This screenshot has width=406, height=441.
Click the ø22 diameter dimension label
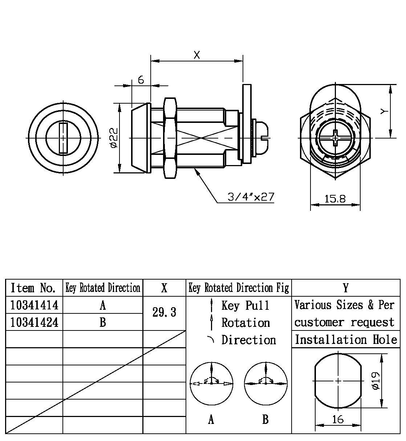(x=113, y=137)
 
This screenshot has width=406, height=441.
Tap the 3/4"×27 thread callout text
(x=251, y=197)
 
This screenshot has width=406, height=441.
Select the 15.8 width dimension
(x=335, y=199)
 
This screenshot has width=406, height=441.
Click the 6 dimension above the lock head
(x=141, y=80)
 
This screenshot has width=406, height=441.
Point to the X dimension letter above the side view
(x=196, y=55)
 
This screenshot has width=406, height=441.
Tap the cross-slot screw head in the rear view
(x=334, y=139)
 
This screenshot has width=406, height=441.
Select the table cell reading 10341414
(x=34, y=305)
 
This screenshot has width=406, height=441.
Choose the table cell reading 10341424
(x=34, y=322)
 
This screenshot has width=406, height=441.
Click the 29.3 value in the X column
(x=164, y=312)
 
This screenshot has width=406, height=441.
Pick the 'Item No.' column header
(x=33, y=288)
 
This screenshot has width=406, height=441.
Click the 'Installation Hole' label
(x=346, y=340)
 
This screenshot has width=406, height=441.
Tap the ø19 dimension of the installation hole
(x=375, y=381)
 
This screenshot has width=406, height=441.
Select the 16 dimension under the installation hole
(x=338, y=419)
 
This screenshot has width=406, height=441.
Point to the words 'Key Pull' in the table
(x=245, y=305)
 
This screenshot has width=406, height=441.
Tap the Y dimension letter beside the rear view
(x=384, y=112)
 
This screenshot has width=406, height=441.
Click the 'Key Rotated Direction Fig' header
(x=239, y=288)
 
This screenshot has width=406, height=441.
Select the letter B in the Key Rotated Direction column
(x=103, y=322)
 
